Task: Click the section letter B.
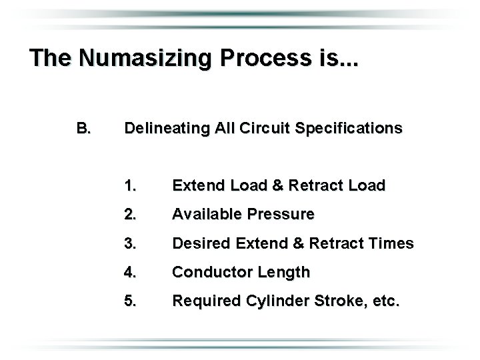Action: click(x=83, y=127)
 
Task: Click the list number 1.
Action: click(x=131, y=185)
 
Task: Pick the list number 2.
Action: click(x=131, y=214)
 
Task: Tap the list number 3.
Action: click(x=131, y=243)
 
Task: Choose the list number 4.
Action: click(x=131, y=272)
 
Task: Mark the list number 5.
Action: click(x=131, y=301)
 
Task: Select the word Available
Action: click(x=207, y=214)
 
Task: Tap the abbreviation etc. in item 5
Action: click(x=385, y=301)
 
